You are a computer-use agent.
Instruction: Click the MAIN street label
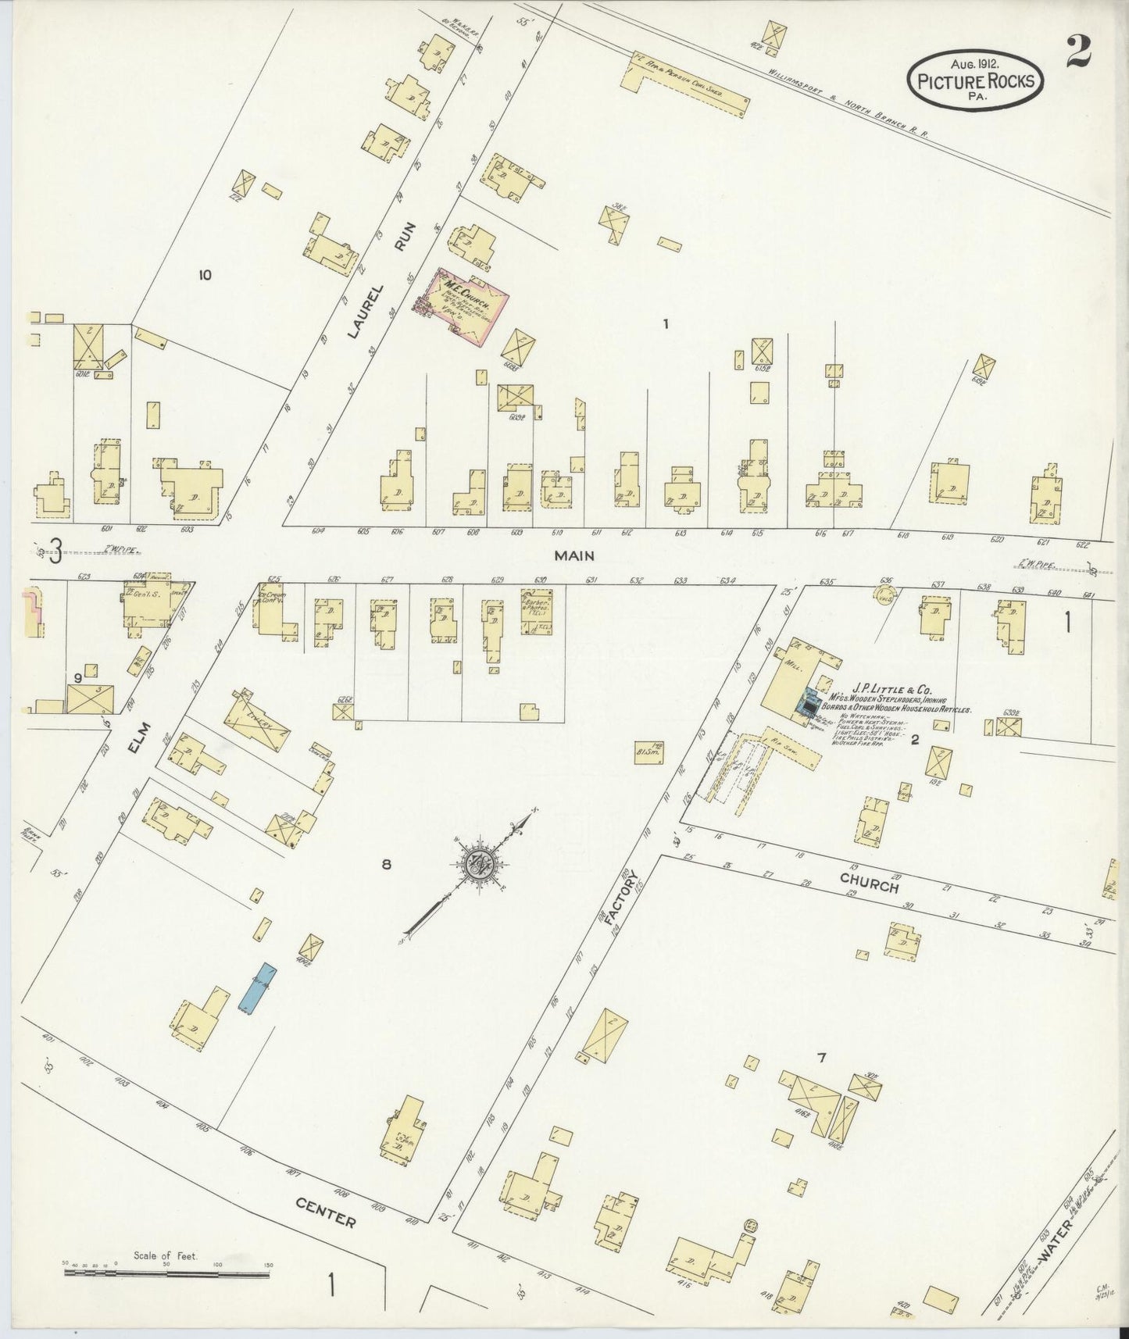tap(574, 556)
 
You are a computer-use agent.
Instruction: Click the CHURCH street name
tap(869, 883)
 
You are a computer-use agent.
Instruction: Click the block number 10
tap(205, 274)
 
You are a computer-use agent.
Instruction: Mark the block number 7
tap(821, 1059)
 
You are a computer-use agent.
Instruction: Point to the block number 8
tap(385, 864)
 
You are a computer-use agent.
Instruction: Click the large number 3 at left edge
tap(55, 554)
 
